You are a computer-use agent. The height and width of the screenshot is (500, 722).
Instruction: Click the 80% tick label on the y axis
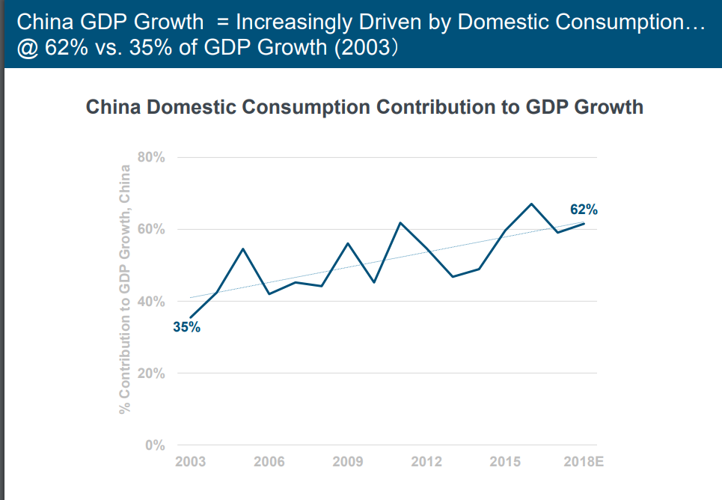152,157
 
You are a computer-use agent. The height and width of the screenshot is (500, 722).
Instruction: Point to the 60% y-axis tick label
152,229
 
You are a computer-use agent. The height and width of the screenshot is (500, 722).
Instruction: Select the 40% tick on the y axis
152,302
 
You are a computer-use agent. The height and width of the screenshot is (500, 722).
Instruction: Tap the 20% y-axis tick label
152,374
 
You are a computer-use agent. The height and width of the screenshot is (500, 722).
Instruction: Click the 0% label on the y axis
155,445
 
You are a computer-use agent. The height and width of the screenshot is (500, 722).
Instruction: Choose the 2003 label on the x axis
191,461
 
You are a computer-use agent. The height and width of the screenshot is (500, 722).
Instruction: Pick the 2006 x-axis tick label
269,461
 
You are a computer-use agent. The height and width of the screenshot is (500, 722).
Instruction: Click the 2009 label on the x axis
348,461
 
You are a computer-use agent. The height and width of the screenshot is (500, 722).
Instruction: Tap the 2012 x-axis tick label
426,461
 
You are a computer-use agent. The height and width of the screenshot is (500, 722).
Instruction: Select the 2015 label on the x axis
505,461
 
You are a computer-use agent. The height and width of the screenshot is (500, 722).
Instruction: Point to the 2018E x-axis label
584,461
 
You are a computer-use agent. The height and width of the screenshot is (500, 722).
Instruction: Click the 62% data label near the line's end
584,210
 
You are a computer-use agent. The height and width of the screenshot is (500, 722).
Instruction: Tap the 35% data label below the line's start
186,327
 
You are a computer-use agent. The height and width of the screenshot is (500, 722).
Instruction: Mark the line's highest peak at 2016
531,204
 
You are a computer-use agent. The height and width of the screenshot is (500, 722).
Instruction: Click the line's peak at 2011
400,223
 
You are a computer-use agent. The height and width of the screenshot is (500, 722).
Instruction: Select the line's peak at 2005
243,249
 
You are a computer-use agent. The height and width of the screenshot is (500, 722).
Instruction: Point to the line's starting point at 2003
191,318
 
